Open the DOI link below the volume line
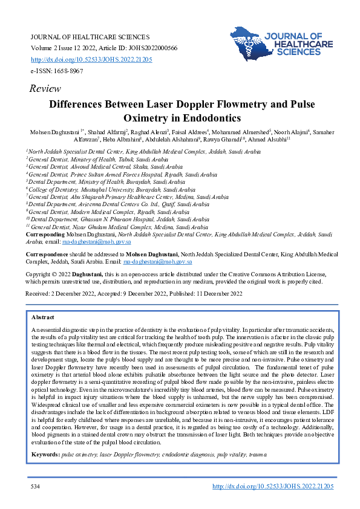pyautogui.click(x=91, y=60)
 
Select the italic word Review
pyautogui.click(x=45, y=89)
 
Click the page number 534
pyautogui.click(x=35, y=486)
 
